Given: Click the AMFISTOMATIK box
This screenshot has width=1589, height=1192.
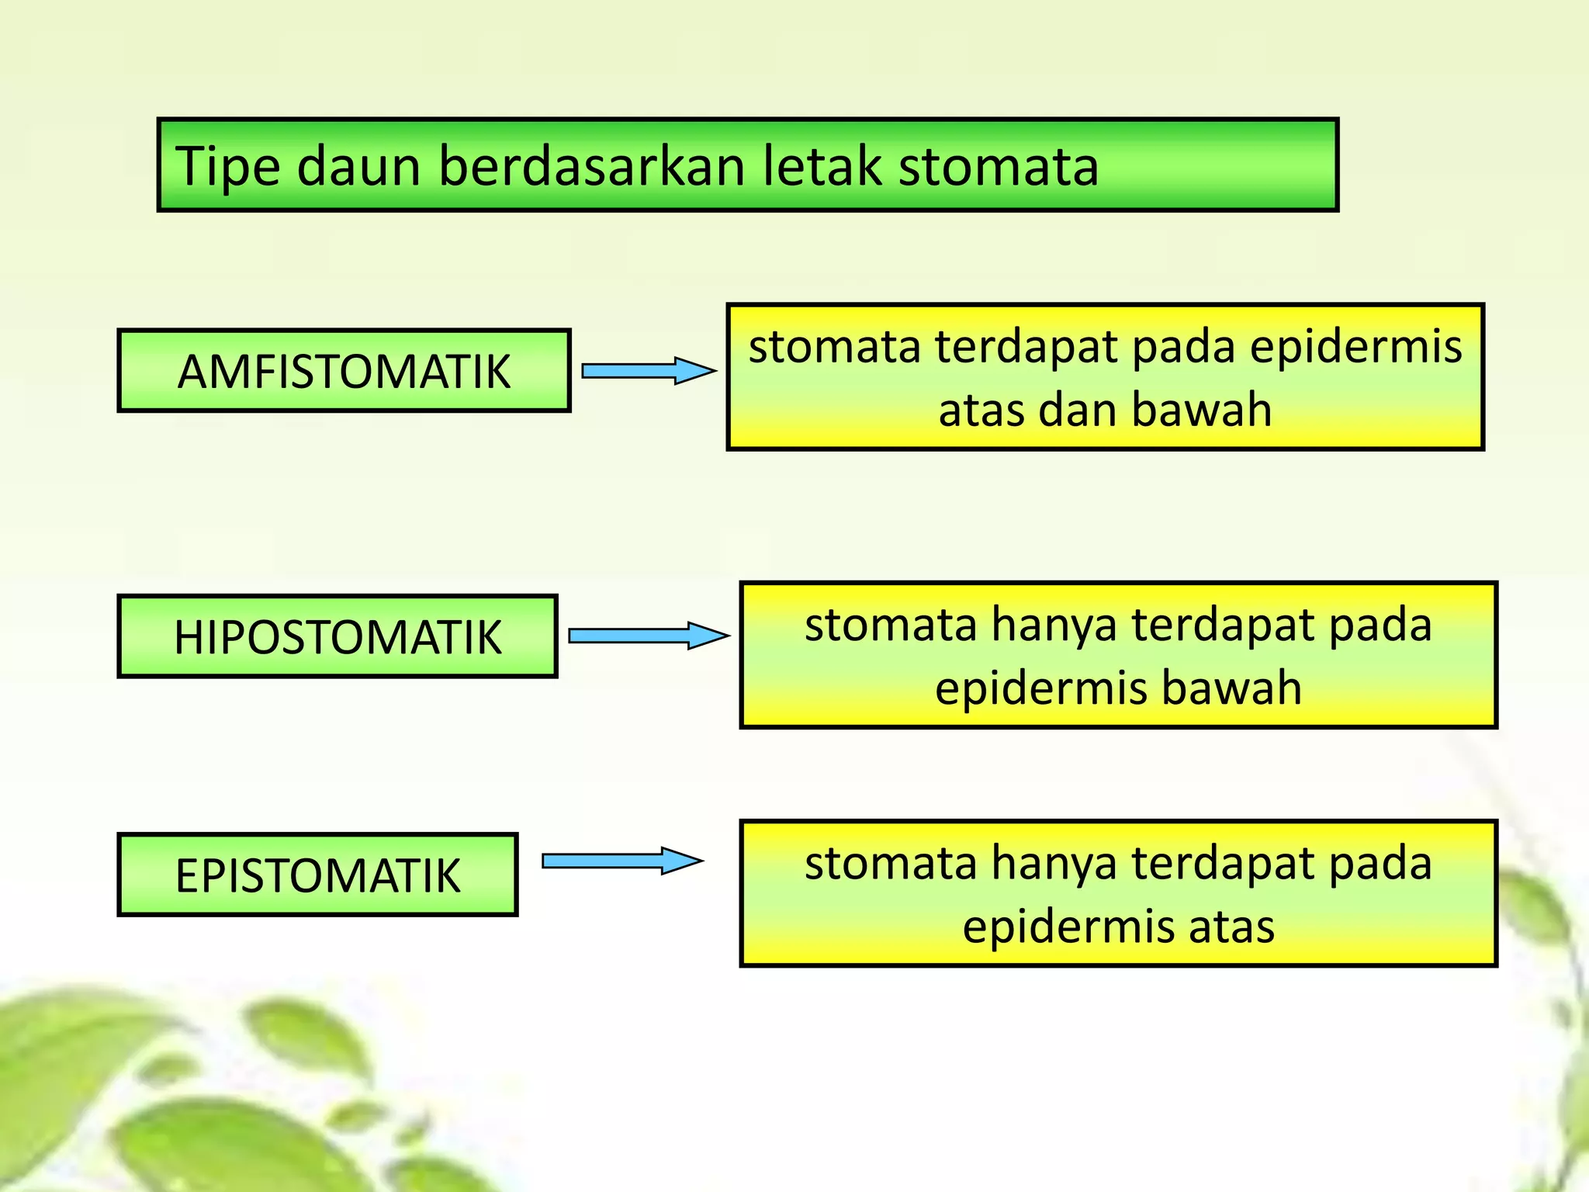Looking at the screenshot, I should [344, 371].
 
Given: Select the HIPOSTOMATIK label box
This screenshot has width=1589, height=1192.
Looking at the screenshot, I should [338, 637].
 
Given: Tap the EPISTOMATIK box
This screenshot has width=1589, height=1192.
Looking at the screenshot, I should [317, 875].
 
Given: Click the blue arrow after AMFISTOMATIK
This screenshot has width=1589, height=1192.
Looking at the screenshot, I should [648, 371].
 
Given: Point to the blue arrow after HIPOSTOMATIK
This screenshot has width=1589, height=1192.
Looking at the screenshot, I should [648, 636].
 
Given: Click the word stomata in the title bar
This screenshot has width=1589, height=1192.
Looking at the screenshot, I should [999, 167].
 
